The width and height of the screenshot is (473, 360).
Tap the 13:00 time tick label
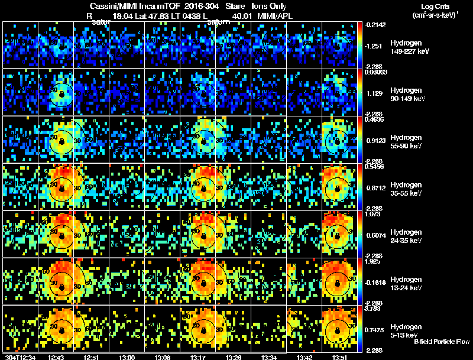(127, 356)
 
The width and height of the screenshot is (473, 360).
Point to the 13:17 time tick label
(198, 356)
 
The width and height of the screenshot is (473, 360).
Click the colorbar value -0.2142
(375, 25)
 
